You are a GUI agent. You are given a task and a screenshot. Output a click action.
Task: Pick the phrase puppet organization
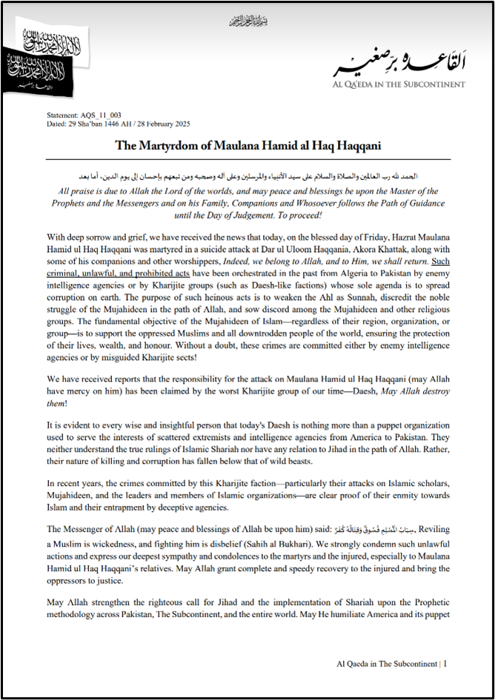pyautogui.click(x=356, y=427)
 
